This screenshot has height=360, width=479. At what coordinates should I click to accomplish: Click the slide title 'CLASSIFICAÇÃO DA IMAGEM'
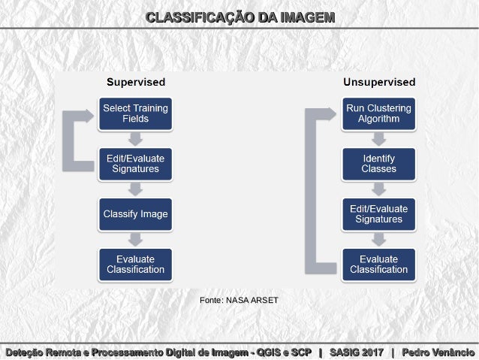pos(239,17)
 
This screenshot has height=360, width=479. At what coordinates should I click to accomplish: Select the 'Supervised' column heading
pos(135,82)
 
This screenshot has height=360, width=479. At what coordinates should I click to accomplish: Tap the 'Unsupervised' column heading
pos(378,82)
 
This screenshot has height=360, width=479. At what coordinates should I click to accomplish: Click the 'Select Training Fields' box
pos(135,113)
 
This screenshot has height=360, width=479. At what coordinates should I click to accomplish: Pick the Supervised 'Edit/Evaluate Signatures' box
pos(135,163)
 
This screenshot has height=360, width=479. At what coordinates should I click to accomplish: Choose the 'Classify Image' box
pos(135,214)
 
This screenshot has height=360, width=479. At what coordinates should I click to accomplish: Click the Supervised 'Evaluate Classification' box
pos(135,265)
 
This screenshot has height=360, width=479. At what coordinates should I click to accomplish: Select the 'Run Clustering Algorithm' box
pos(378,113)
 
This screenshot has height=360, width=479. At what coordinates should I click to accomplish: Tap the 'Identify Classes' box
pos(378,163)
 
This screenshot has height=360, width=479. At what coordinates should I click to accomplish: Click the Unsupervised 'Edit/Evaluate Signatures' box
pos(378,214)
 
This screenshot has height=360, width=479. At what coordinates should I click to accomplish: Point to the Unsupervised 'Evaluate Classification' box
pos(378,265)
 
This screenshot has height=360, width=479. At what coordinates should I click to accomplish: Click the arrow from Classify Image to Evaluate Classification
pos(135,240)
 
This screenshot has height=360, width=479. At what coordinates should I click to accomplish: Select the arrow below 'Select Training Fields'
pos(135,138)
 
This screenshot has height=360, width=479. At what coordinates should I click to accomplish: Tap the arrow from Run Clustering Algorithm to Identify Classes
pos(378,138)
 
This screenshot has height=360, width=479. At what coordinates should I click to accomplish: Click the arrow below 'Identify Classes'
pos(378,189)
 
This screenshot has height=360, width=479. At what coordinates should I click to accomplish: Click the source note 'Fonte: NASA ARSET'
pos(239,300)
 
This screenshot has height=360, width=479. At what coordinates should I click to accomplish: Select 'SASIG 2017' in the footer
pos(356,352)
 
